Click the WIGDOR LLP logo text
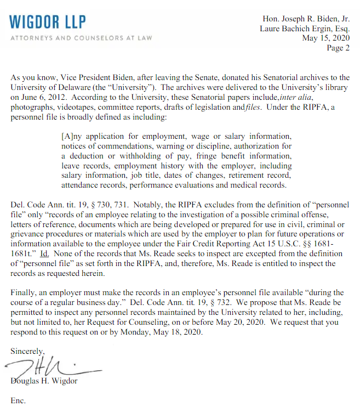[48, 21]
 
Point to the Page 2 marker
[339, 48]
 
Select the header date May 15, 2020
[326, 38]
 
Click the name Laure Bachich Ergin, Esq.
[305, 29]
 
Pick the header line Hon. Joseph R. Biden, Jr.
[306, 19]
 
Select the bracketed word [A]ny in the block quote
[71, 136]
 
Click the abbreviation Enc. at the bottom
[18, 400]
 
